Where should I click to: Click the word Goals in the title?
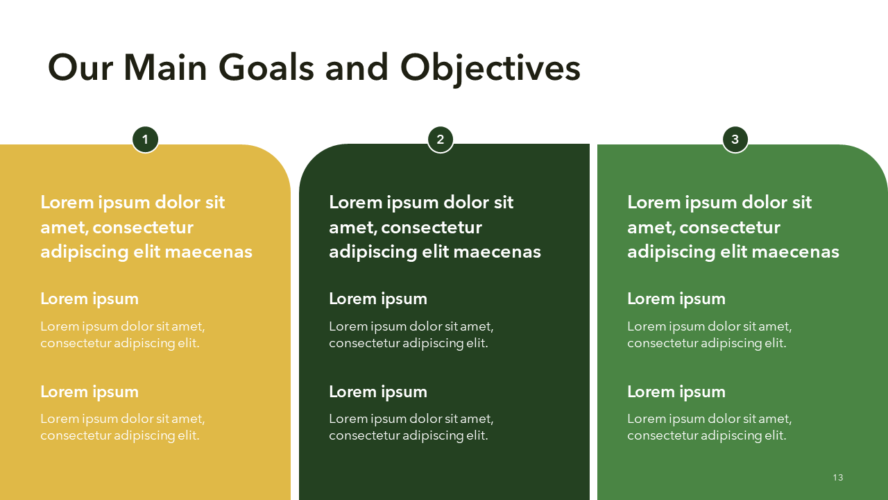pyautogui.click(x=266, y=68)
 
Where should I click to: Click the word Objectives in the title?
pyautogui.click(x=490, y=70)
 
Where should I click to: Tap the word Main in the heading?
pyautogui.click(x=165, y=68)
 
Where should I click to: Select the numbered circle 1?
pyautogui.click(x=146, y=140)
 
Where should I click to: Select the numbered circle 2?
pyautogui.click(x=441, y=140)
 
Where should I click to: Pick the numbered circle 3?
pyautogui.click(x=735, y=140)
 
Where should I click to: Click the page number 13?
pyautogui.click(x=838, y=477)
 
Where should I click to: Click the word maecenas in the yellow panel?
pyautogui.click(x=209, y=252)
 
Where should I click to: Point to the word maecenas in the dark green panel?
pyautogui.click(x=497, y=252)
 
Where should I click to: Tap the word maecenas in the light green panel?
pyautogui.click(x=796, y=252)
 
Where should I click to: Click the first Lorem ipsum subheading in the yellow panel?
pyautogui.click(x=89, y=299)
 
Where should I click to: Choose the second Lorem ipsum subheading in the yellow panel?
pyautogui.click(x=89, y=392)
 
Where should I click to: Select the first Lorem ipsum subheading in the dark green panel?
pyautogui.click(x=378, y=299)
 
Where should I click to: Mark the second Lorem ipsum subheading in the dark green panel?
pyautogui.click(x=378, y=392)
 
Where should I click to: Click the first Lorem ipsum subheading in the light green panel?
pyautogui.click(x=676, y=299)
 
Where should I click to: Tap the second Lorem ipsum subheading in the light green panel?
pyautogui.click(x=676, y=392)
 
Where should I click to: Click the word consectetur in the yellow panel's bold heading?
pyautogui.click(x=143, y=228)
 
